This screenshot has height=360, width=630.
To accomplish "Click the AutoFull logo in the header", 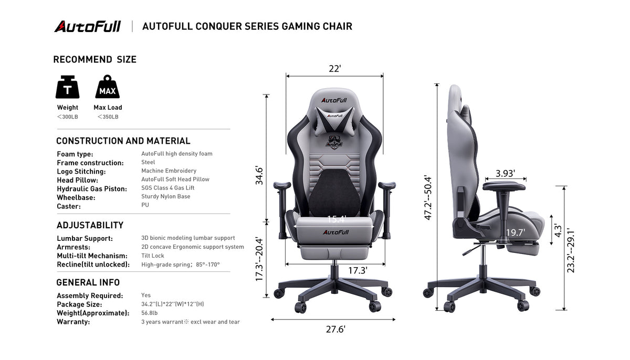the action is [x=88, y=26].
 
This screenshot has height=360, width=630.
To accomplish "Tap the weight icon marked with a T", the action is [x=68, y=87].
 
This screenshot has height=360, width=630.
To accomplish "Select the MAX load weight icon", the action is [x=108, y=87].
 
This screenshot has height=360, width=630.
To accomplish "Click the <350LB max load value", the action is [x=108, y=117].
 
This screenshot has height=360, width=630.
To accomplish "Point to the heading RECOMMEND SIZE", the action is [x=95, y=59].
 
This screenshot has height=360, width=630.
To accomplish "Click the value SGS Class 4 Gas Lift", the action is [x=167, y=188].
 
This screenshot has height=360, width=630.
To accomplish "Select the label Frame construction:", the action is [x=90, y=163].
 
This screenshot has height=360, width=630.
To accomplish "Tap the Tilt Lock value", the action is [x=152, y=256].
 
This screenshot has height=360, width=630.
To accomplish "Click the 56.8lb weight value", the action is [x=149, y=313].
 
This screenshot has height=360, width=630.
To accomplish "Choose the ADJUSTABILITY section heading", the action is [x=90, y=225].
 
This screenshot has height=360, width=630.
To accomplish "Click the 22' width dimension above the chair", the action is [x=335, y=69].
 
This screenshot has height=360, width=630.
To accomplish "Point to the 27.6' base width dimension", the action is [x=335, y=329].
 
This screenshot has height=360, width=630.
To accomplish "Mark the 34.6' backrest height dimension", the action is [x=259, y=176].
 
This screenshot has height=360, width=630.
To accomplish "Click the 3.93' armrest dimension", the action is [x=505, y=173].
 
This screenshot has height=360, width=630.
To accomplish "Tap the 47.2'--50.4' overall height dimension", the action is [x=428, y=197].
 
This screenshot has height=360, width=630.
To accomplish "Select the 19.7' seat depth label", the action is [x=515, y=232].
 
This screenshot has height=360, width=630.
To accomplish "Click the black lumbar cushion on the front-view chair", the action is [x=334, y=193].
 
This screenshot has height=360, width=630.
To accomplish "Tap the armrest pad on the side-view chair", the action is [x=504, y=186].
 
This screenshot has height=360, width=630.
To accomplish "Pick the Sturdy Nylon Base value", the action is [x=166, y=196].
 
